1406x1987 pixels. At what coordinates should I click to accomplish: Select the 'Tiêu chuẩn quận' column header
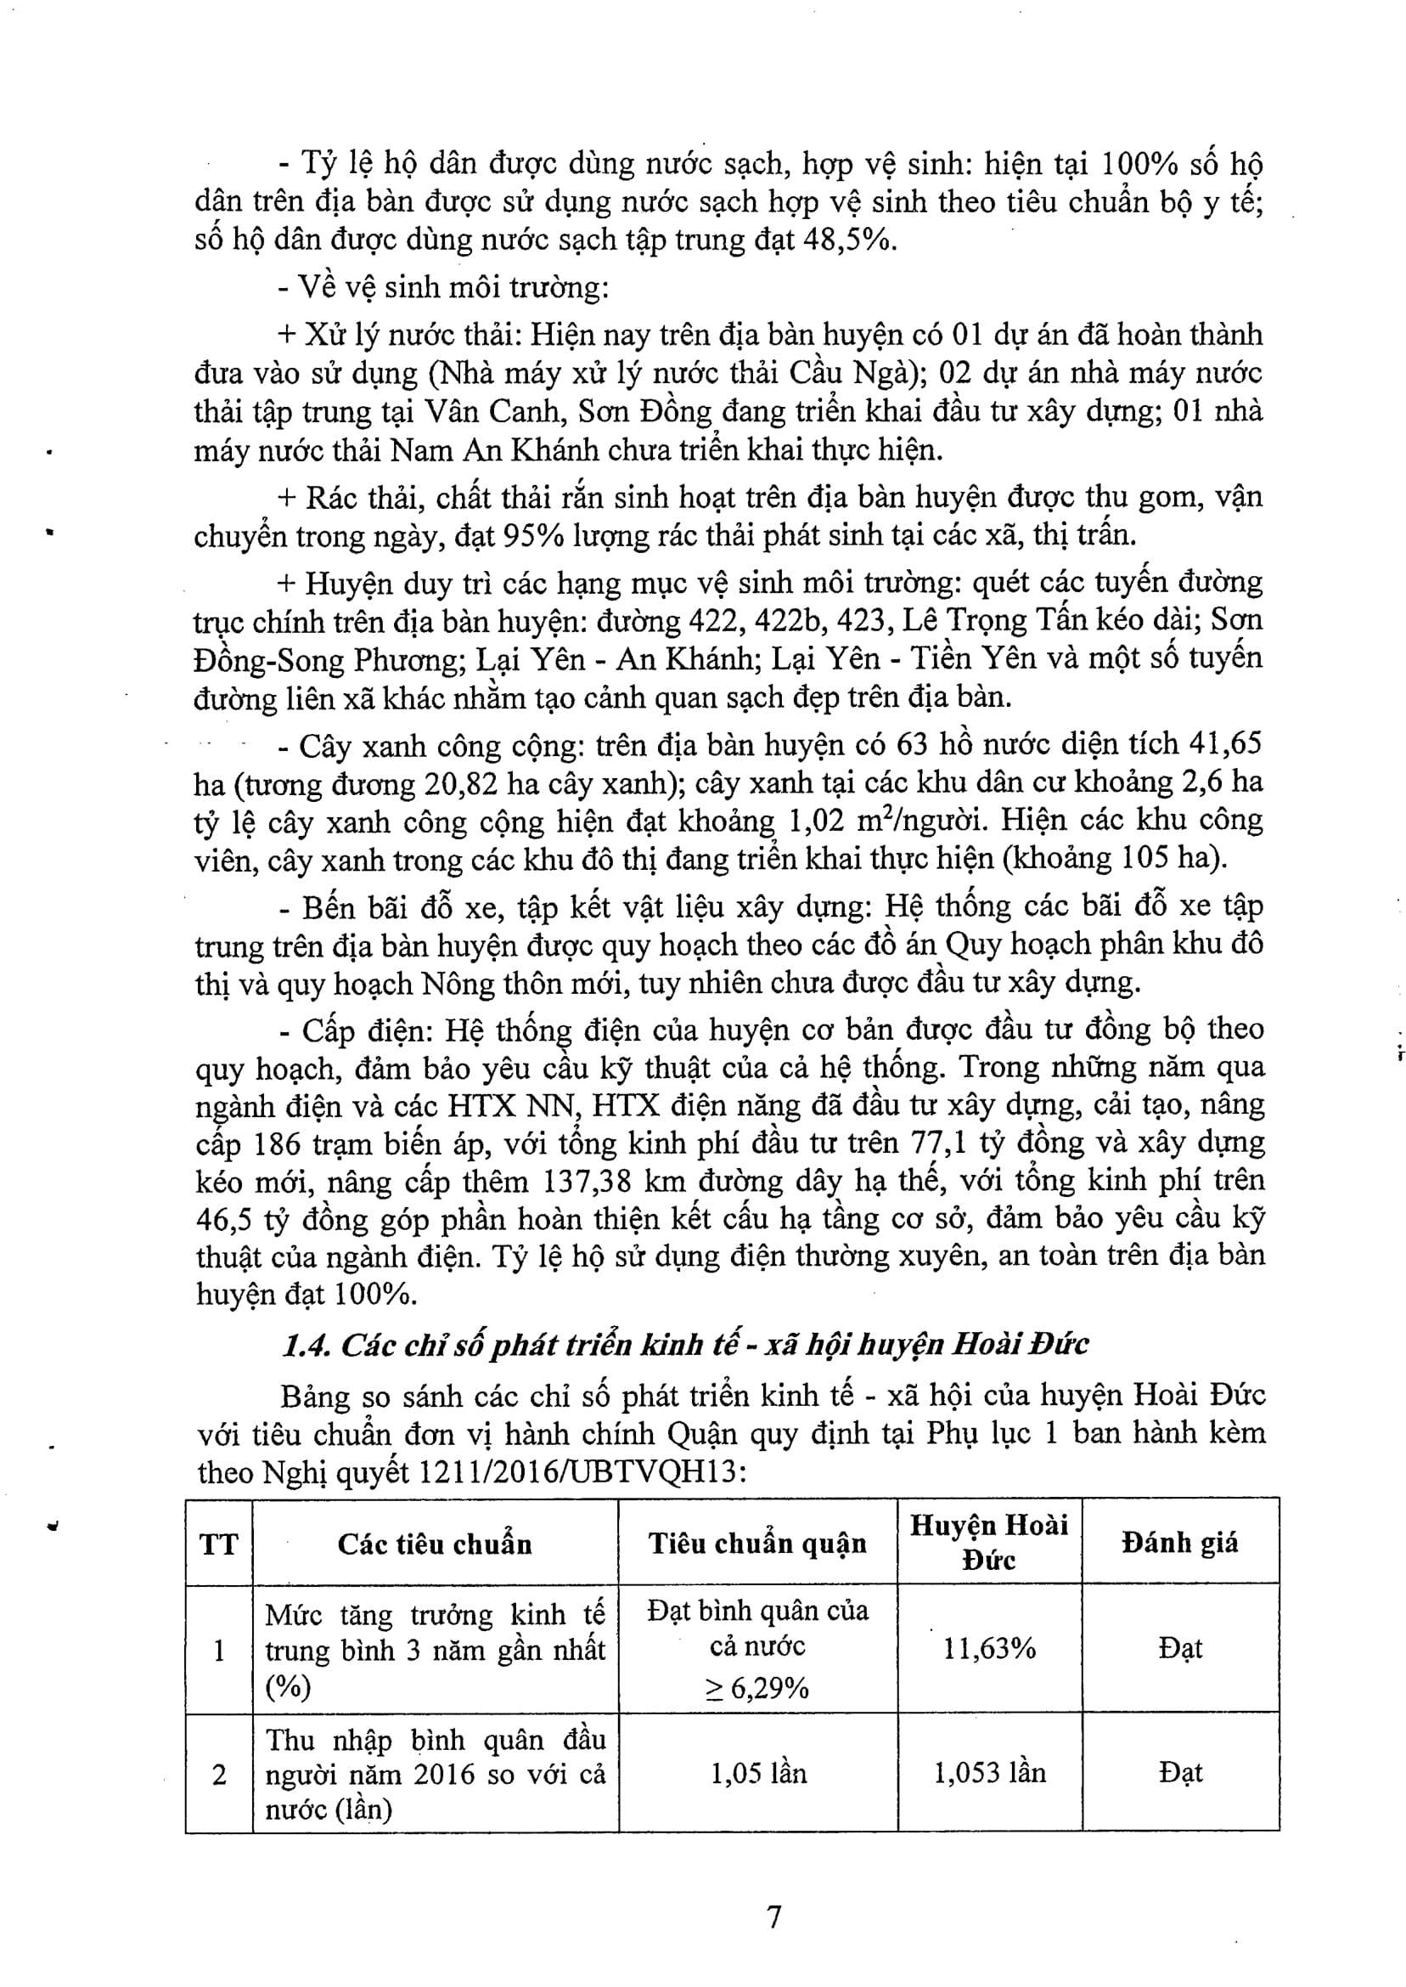757,1543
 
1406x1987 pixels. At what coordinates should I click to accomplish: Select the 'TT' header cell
218,1544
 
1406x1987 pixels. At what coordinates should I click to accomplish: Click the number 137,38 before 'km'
590,1181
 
